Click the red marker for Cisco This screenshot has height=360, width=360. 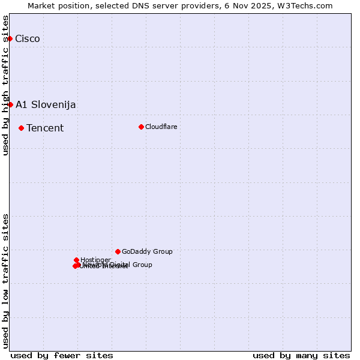(10, 38)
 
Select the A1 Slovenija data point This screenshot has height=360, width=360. (10, 104)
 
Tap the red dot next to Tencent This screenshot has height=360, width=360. (21, 128)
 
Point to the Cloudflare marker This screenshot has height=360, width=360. (141, 127)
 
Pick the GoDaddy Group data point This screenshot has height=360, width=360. (118, 251)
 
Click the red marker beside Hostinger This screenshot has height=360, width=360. (76, 260)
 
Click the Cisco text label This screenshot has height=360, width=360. (28, 39)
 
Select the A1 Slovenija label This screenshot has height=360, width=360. (46, 105)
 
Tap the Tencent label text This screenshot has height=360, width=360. (45, 128)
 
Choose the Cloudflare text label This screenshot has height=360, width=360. (161, 127)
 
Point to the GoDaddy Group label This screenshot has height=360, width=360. (147, 252)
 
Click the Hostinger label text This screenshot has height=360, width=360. (95, 260)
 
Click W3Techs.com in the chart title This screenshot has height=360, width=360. (306, 5)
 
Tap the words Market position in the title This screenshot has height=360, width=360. (55, 5)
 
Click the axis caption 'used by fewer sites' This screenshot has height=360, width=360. (62, 356)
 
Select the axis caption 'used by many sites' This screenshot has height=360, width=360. (301, 356)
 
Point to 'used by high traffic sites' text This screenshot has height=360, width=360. (6, 85)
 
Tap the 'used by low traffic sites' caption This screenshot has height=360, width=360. (6, 281)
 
